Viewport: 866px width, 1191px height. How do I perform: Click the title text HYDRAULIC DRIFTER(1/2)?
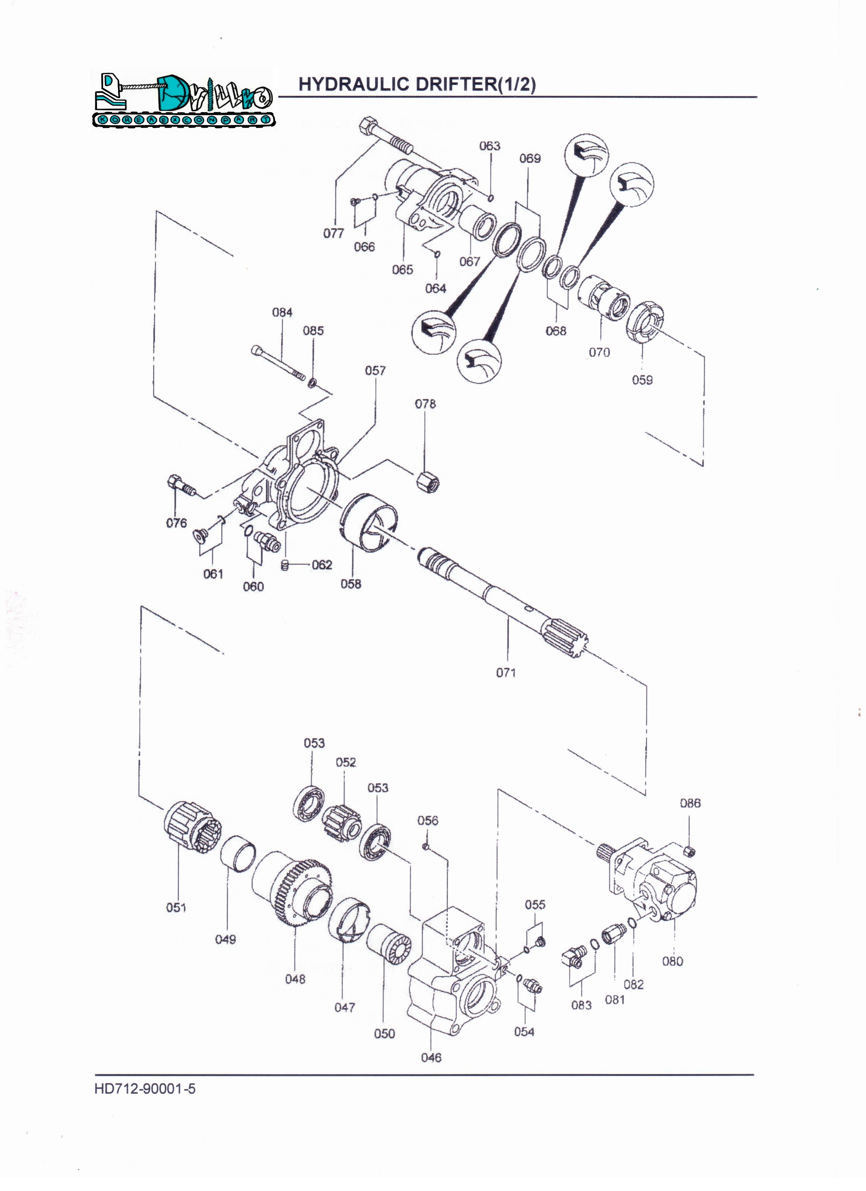pyautogui.click(x=417, y=84)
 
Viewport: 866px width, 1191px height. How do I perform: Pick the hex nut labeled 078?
pyautogui.click(x=428, y=481)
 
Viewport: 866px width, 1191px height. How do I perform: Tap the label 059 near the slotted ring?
pyautogui.click(x=642, y=380)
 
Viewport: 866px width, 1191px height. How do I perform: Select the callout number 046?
pyautogui.click(x=431, y=1057)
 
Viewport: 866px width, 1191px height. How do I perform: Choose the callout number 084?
pyautogui.click(x=282, y=313)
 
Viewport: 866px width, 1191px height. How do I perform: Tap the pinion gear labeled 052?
pyautogui.click(x=341, y=824)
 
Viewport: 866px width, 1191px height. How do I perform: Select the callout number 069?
pyautogui.click(x=530, y=158)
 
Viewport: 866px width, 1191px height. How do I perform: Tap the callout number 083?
pyautogui.click(x=581, y=1005)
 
